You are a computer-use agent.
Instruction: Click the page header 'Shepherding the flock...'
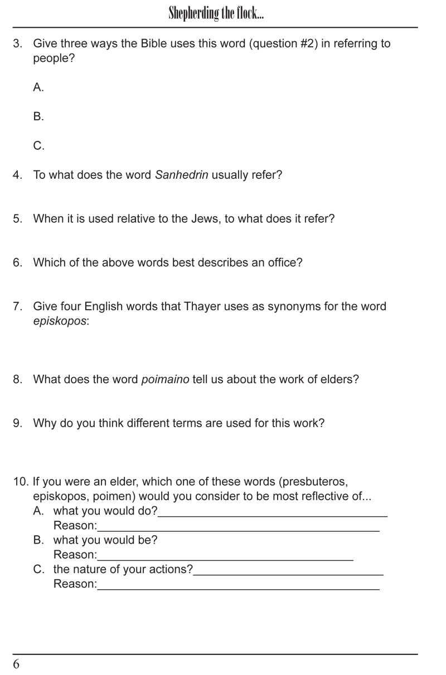click(x=216, y=13)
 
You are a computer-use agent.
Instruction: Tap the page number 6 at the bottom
click(x=16, y=664)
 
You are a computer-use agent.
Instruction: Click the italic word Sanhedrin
click(x=181, y=175)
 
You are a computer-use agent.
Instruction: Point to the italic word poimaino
click(x=165, y=380)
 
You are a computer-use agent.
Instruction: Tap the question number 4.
click(x=18, y=175)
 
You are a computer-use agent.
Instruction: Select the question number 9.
click(x=18, y=423)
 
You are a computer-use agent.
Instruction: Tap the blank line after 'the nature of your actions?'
click(x=288, y=573)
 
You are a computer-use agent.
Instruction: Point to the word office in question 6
click(x=282, y=263)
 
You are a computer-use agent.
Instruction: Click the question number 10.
click(x=21, y=482)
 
